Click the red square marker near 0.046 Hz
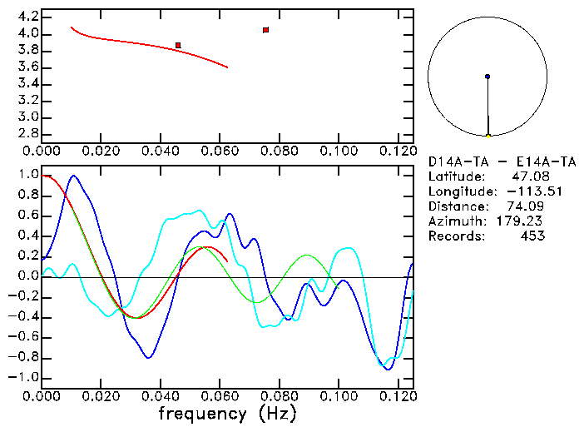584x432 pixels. point(178,45)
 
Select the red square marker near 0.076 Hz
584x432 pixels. point(265,30)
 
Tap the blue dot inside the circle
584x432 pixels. point(487,77)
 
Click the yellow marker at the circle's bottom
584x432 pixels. point(487,135)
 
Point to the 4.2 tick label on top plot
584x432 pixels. point(27,17)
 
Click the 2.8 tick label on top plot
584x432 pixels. point(27,134)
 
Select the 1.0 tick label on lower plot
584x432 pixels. point(27,175)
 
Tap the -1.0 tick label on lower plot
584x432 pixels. point(24,377)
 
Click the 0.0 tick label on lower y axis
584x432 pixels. point(27,276)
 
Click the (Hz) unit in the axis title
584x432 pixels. point(277,413)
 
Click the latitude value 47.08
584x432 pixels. point(527,176)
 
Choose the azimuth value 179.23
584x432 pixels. point(523,221)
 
